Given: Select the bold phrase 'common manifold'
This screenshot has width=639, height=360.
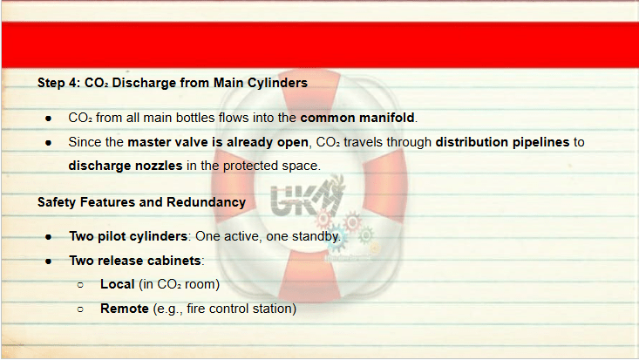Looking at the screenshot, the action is (357, 118).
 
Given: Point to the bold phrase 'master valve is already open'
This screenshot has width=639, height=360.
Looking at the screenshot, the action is (218, 142).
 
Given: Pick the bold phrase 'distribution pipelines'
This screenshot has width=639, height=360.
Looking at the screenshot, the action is (502, 142).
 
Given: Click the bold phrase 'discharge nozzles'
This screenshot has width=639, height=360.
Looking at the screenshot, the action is (126, 166).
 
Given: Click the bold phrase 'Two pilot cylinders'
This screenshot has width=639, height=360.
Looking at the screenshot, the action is (128, 236).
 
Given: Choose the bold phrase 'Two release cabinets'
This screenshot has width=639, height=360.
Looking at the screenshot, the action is (135, 261).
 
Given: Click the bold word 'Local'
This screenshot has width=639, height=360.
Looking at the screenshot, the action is (118, 284).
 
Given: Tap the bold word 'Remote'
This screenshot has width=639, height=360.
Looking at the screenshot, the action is (125, 309).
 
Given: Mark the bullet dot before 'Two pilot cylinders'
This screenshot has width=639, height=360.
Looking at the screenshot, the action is (49, 237).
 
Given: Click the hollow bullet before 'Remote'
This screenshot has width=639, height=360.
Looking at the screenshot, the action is (80, 309).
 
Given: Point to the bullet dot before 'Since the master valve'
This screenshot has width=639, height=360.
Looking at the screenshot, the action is (49, 143).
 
